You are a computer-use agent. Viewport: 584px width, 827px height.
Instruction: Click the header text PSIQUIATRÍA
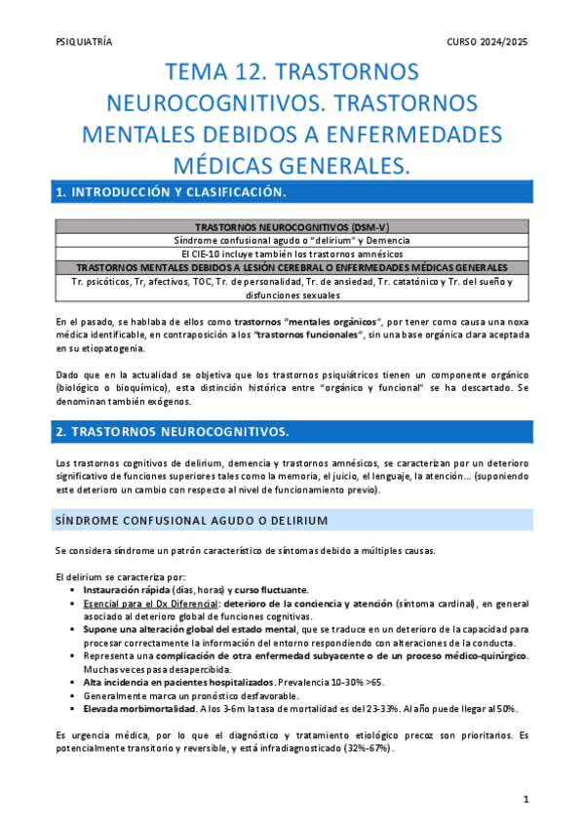pos(85,42)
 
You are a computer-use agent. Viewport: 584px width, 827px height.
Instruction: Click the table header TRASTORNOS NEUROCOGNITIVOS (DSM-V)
pos(292,226)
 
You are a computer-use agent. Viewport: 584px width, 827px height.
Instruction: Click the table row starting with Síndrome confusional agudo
pos(292,240)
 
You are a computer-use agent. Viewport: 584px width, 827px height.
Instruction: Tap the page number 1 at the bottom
pos(526,800)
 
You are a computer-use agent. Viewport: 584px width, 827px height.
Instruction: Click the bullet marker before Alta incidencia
pos(73,683)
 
